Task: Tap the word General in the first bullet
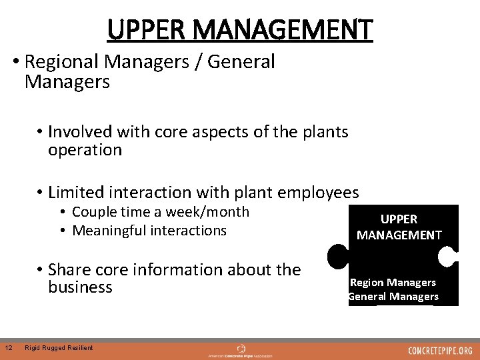click(241, 62)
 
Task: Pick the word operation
click(85, 150)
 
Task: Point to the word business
click(80, 287)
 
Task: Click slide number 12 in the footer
click(8, 347)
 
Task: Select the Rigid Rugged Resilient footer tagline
click(58, 347)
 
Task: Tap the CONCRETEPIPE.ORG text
click(440, 351)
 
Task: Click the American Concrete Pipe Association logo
click(241, 351)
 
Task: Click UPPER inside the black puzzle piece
click(399, 219)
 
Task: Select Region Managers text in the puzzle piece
click(393, 283)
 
